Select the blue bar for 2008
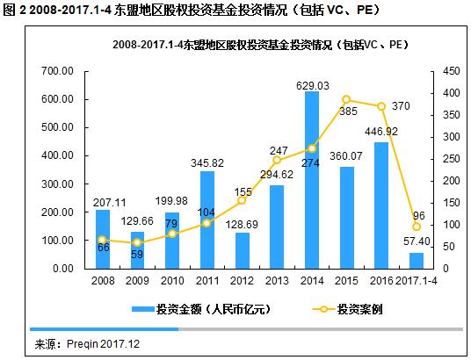point(103,238)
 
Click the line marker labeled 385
point(345,99)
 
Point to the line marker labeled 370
point(380,106)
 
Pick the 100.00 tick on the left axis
point(58,240)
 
